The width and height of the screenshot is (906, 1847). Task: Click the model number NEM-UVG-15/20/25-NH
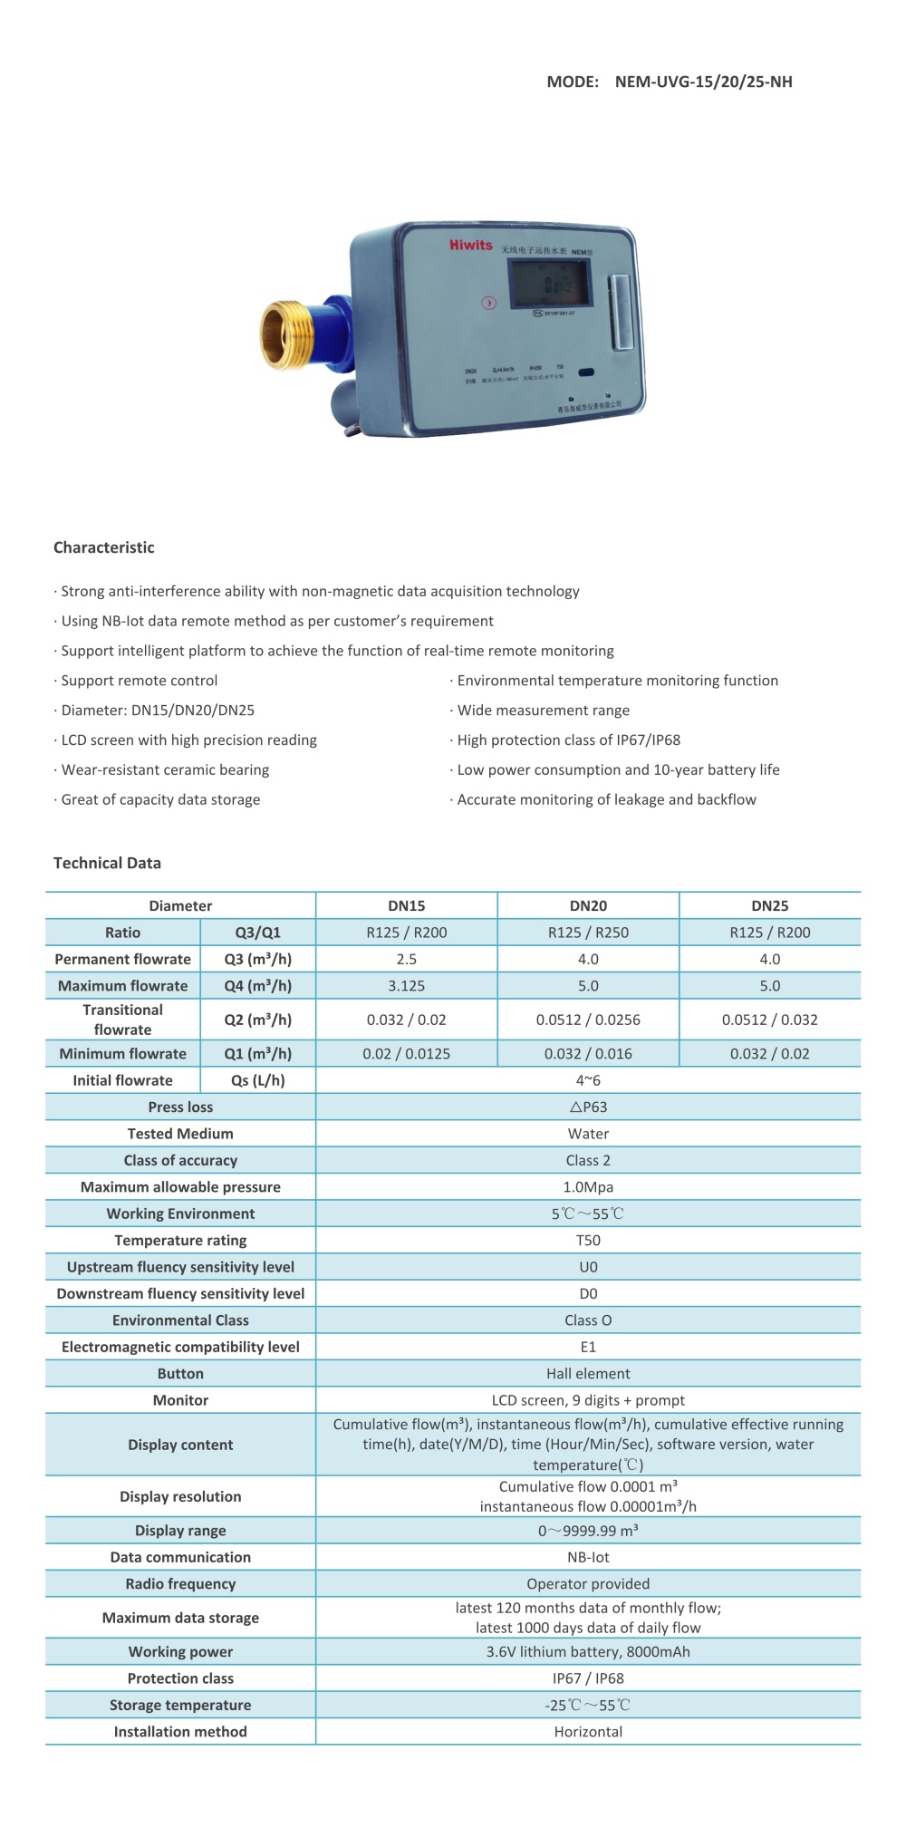(x=703, y=82)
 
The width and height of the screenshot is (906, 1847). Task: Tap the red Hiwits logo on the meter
(x=470, y=245)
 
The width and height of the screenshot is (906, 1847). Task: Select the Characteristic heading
(x=104, y=547)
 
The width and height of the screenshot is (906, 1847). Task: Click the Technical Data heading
(x=107, y=863)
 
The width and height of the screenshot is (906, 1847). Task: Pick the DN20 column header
(x=588, y=905)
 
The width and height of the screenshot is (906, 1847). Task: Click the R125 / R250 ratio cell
(x=588, y=933)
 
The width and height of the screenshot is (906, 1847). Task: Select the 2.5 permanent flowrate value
(x=407, y=959)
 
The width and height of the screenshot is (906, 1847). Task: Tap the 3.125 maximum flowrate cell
(x=407, y=986)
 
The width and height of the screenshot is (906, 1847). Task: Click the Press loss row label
(x=180, y=1107)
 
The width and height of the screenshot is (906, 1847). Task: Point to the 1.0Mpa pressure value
(x=588, y=1187)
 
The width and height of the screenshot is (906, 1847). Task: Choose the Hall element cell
(x=588, y=1374)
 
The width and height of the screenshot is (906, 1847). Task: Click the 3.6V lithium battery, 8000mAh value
(x=588, y=1652)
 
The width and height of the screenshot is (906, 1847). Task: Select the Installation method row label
(x=180, y=1732)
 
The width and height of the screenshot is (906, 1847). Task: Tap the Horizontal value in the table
(x=588, y=1732)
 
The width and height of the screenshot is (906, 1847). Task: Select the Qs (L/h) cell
(x=258, y=1080)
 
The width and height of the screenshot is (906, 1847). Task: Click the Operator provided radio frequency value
(x=588, y=1584)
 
